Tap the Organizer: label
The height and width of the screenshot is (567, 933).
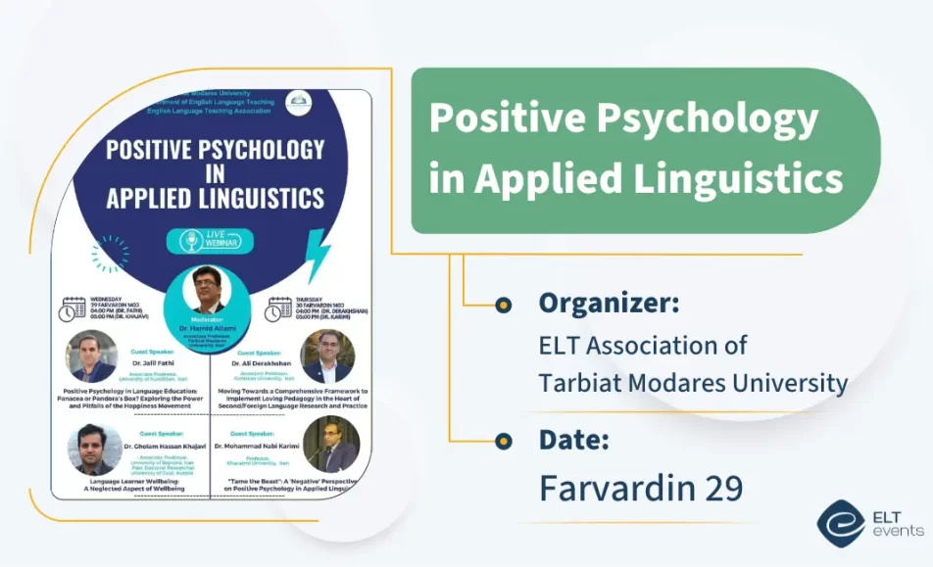609,304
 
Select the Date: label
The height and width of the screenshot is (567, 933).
573,440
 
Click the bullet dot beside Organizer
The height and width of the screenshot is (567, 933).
503,305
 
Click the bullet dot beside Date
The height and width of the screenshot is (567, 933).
503,441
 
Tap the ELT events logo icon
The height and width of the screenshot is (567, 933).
839,522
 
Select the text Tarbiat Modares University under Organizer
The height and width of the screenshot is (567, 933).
693,383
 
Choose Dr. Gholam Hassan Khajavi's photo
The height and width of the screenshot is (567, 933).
94,449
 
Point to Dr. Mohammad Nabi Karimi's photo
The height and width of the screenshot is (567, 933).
331,445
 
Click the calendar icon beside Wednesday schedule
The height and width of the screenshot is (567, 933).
73,309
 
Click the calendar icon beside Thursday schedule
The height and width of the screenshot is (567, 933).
277,309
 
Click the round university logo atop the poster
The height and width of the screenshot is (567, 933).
299,101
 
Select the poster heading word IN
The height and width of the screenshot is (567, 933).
215,173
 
